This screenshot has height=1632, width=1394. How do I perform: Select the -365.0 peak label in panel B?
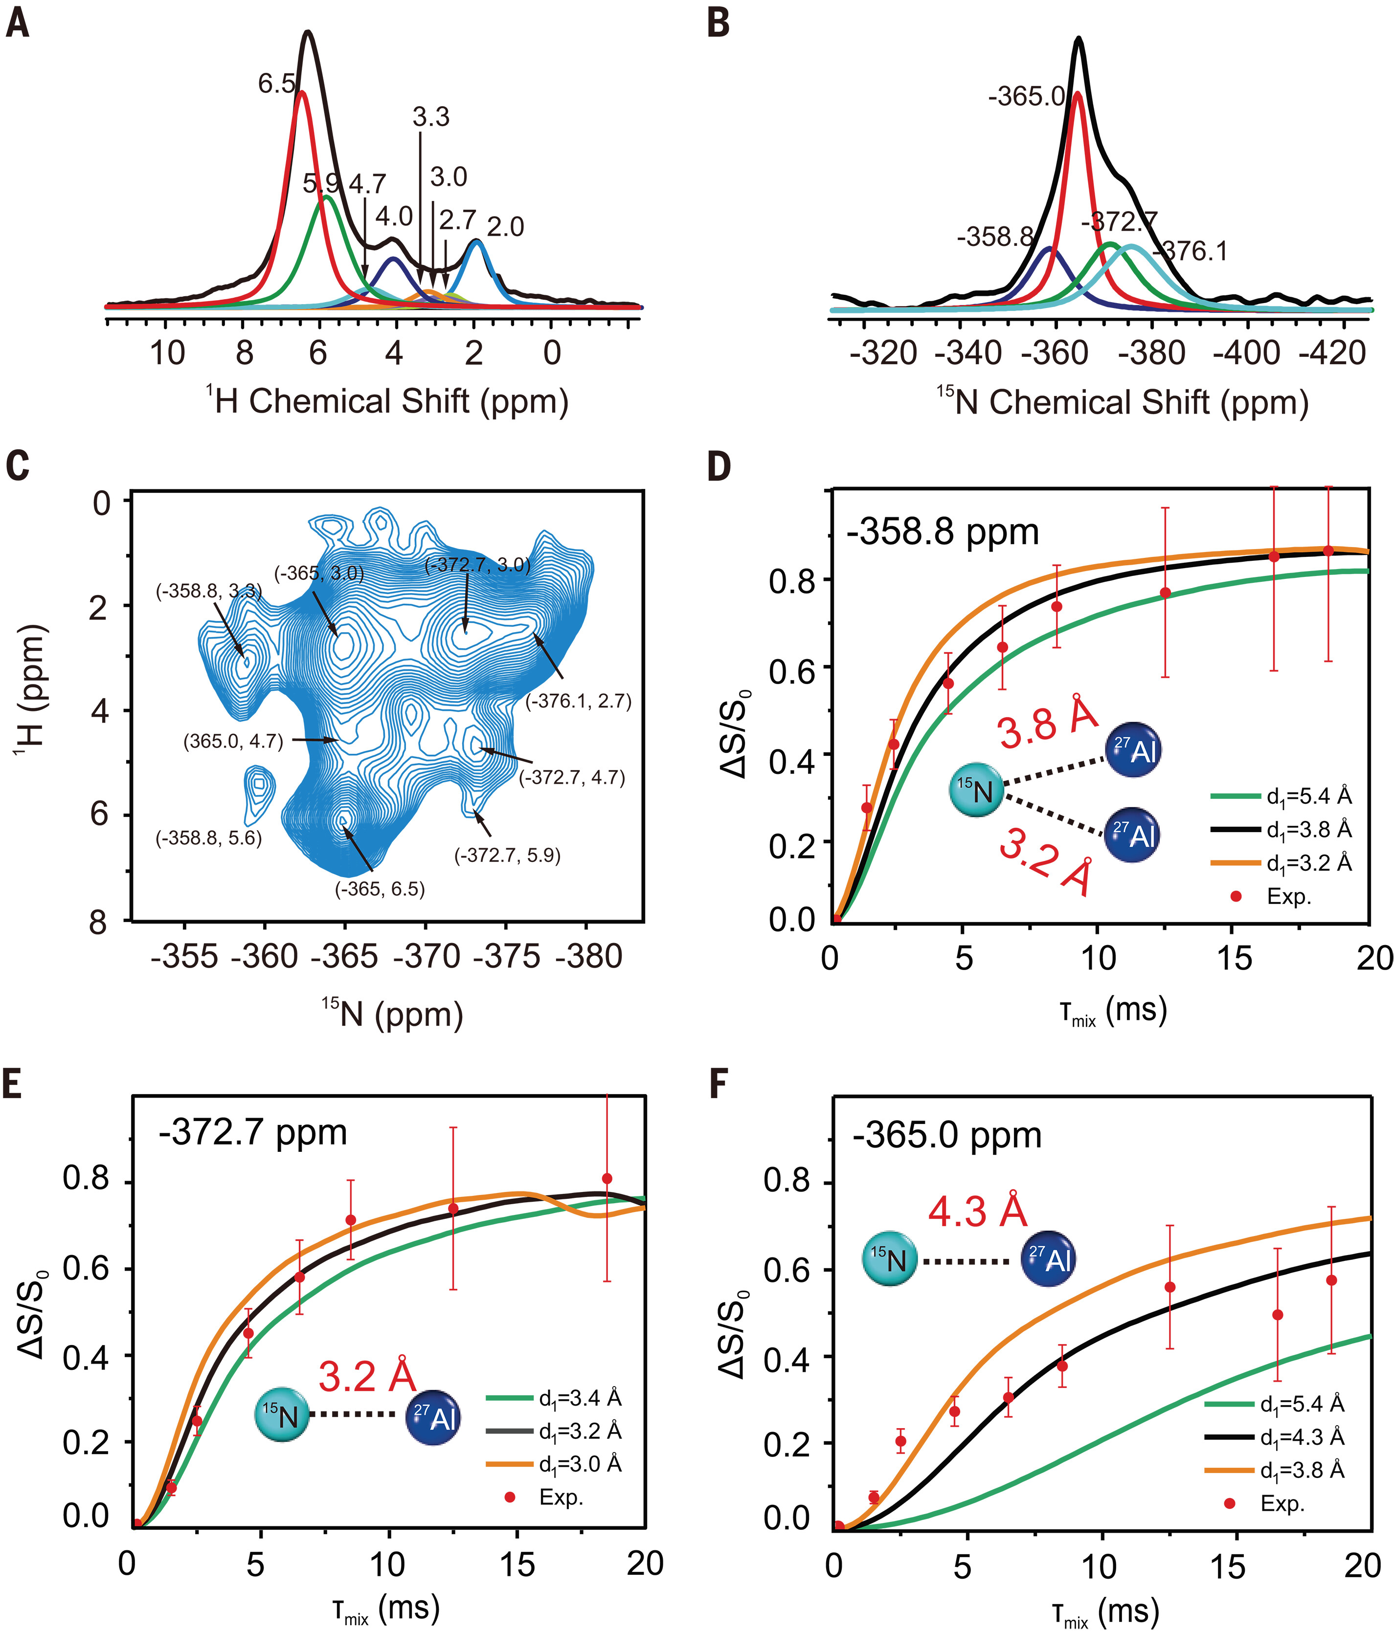(1027, 97)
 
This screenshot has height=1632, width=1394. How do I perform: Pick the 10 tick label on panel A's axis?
(167, 353)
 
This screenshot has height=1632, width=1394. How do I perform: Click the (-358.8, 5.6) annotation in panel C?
(209, 838)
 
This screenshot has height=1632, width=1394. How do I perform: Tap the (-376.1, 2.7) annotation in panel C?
(579, 701)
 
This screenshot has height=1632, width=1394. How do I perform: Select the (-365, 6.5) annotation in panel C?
(380, 889)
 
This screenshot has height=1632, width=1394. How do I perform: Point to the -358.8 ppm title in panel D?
(943, 532)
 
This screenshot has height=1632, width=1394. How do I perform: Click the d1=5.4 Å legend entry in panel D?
(1308, 796)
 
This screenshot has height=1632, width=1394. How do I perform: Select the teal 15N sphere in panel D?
(976, 790)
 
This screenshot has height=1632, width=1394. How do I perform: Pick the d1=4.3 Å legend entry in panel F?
(1302, 1437)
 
